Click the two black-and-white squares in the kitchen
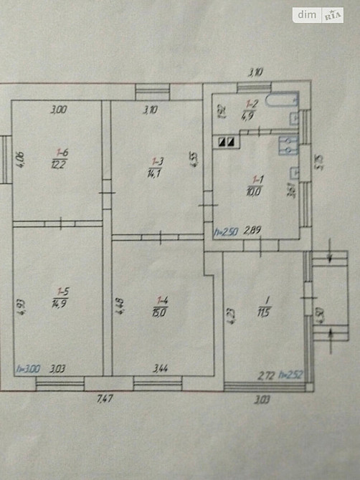227,141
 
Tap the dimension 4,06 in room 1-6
22,159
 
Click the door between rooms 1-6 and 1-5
61,223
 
